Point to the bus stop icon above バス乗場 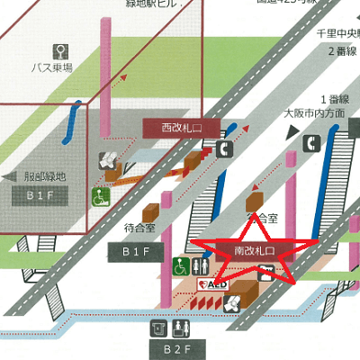pyautogui.click(x=61, y=49)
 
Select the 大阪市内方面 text pyautogui.click(x=311, y=113)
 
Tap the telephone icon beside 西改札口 pyautogui.click(x=221, y=150)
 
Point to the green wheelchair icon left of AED pyautogui.click(x=180, y=266)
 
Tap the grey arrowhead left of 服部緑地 pyautogui.click(x=7, y=176)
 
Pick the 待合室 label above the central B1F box pyautogui.click(x=140, y=229)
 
